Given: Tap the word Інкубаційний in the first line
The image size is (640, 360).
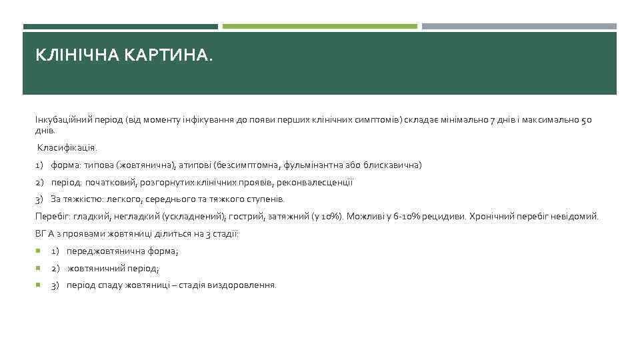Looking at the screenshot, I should (x=60, y=121).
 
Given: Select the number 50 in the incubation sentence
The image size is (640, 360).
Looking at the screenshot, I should (x=586, y=121).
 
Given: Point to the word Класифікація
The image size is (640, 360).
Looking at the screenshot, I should (x=67, y=147).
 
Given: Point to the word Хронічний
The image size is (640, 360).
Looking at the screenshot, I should (x=491, y=217).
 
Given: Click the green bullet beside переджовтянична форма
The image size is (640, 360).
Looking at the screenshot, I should (x=39, y=251).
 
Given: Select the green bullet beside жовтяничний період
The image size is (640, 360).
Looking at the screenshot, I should (x=39, y=269).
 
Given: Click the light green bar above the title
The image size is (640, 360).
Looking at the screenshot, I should (x=319, y=27).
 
